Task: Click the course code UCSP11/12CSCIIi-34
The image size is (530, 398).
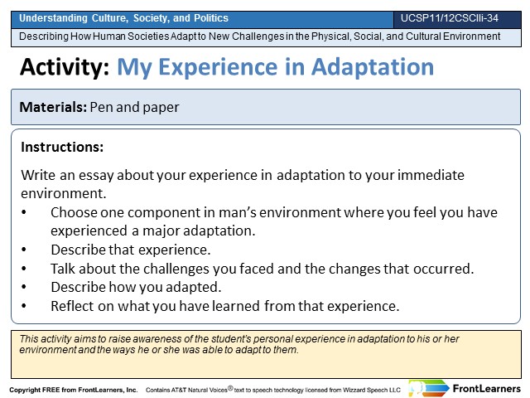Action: point(449,18)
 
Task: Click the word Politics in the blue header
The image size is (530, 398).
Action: point(211,18)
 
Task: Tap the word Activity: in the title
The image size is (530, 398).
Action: point(65,67)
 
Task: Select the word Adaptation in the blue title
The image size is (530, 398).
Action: point(372,67)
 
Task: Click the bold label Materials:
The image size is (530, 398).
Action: point(53,107)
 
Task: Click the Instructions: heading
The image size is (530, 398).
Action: point(62,148)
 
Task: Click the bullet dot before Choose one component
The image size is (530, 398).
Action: point(24,212)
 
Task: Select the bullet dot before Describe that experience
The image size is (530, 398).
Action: point(24,250)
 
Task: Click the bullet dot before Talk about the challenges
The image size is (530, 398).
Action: point(24,269)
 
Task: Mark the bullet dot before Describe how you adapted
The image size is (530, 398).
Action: point(24,287)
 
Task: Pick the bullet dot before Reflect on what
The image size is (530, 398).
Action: point(24,306)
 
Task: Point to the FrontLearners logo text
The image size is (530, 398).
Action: point(486,389)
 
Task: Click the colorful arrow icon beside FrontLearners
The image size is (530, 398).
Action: point(429,389)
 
